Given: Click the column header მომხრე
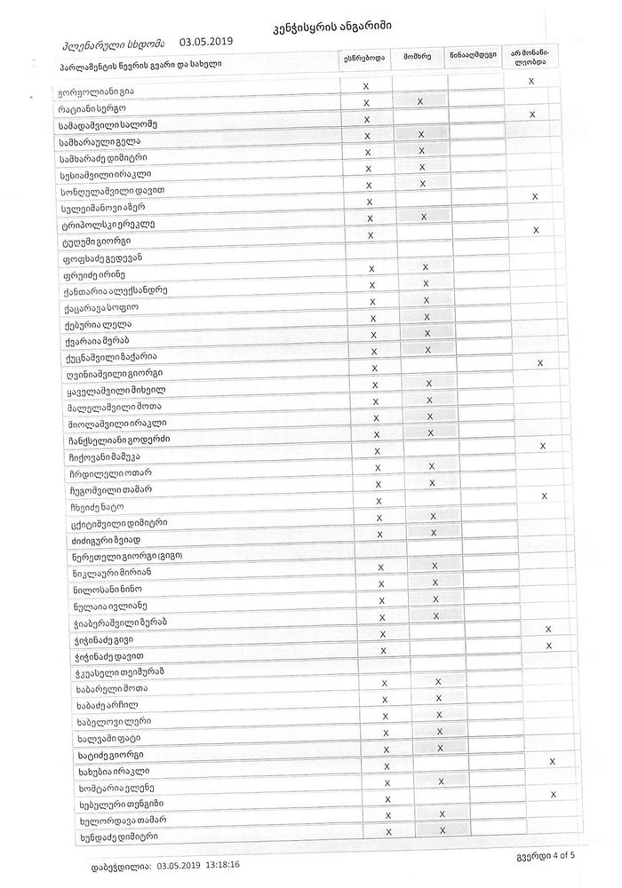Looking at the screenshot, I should point(417,57).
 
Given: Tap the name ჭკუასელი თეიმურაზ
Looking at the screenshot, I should point(116,671).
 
